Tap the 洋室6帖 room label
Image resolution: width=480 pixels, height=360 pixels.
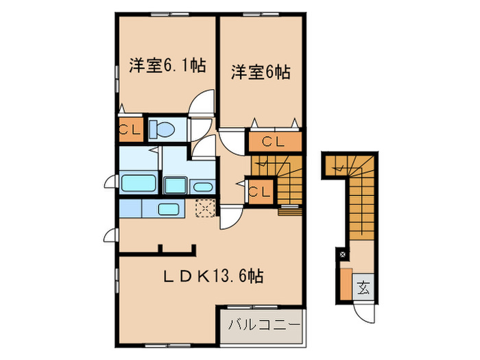[260, 71]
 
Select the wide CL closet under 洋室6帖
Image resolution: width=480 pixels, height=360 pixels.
[274, 143]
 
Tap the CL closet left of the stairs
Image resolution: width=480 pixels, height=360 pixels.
[260, 191]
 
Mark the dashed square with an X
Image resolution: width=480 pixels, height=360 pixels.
[205, 208]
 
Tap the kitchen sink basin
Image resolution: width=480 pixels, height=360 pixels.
[169, 209]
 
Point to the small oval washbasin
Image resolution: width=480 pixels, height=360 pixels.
[202, 187]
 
